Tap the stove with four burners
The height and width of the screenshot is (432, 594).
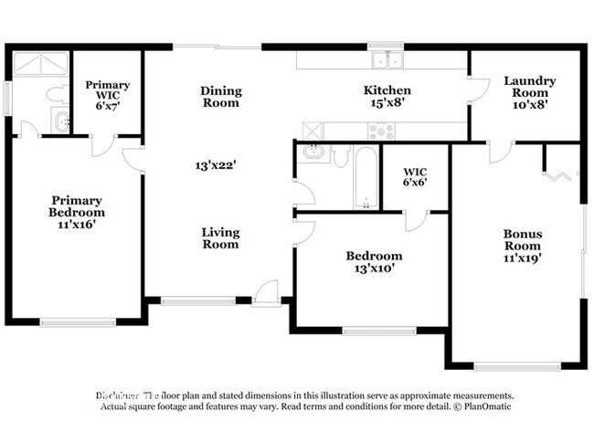(381, 130)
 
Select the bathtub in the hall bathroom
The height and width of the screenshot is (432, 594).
(365, 179)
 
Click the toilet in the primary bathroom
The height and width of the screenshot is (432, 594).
(54, 94)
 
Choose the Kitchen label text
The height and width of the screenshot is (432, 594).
(387, 90)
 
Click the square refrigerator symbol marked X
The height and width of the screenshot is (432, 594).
(311, 130)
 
